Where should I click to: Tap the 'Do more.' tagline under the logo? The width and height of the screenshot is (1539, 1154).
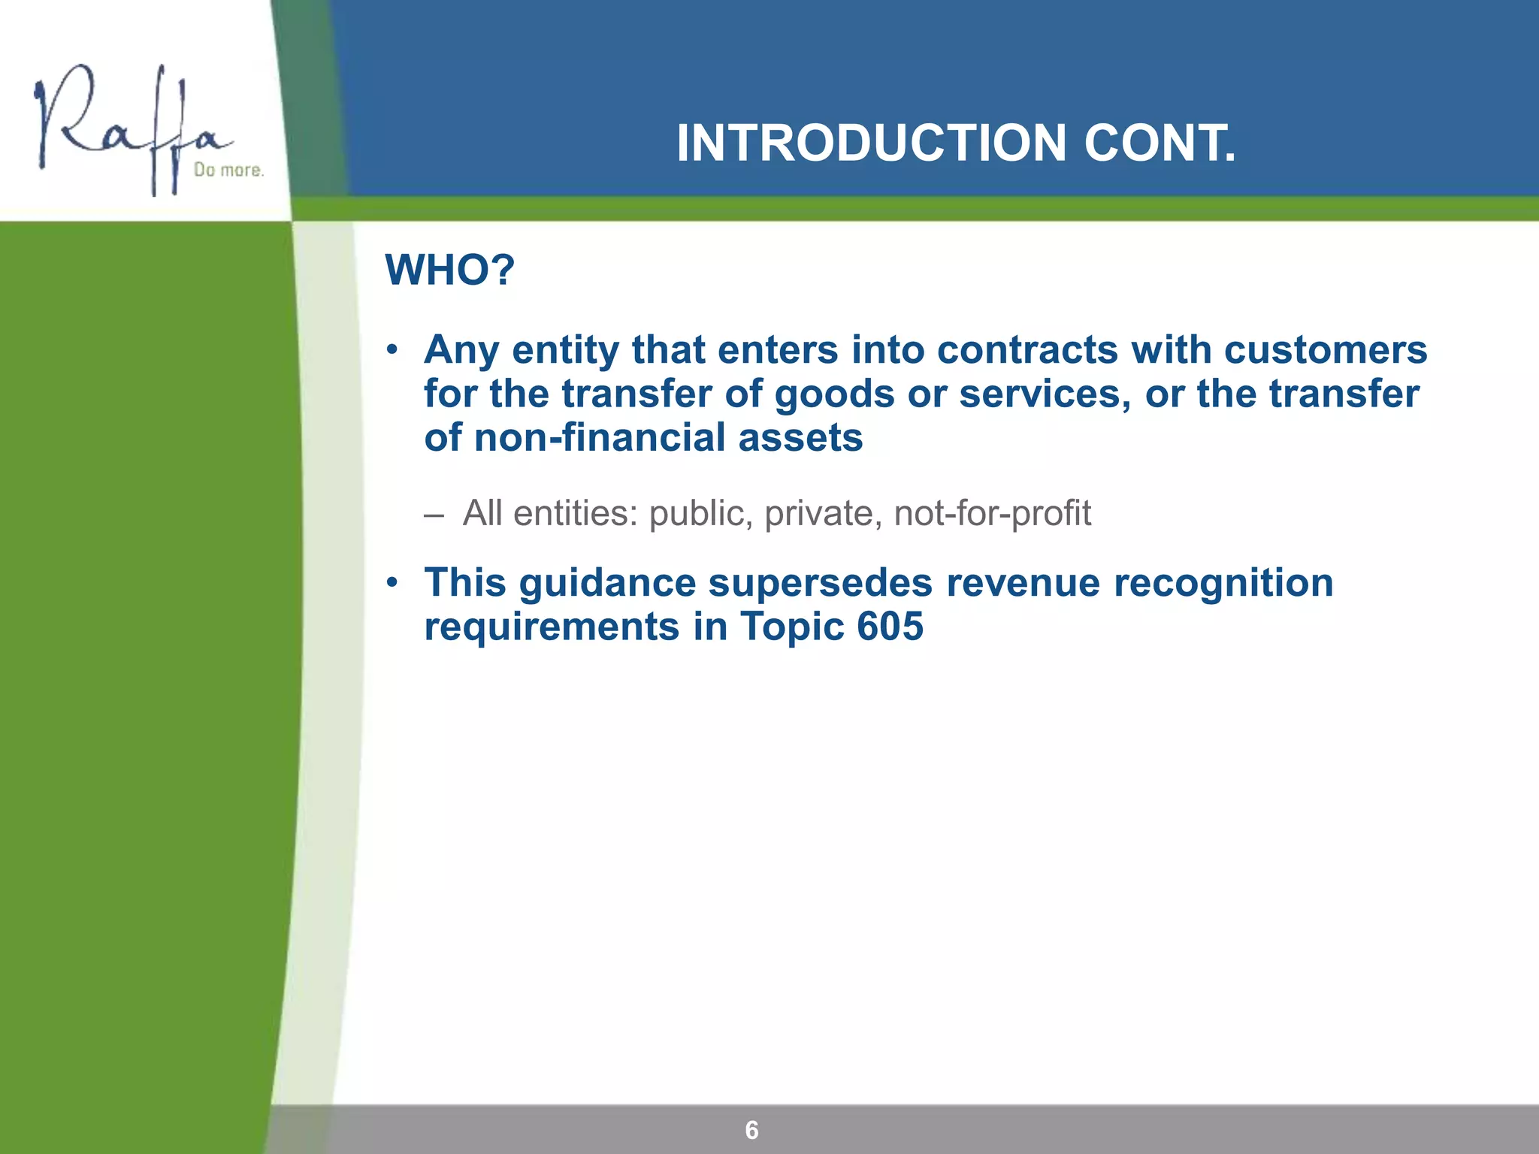point(228,171)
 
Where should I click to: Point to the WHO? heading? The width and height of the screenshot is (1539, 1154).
point(449,270)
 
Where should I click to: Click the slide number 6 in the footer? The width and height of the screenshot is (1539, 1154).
point(751,1130)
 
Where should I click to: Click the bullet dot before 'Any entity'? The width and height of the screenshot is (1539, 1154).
point(392,351)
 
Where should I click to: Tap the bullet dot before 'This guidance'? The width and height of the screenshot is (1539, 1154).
point(392,584)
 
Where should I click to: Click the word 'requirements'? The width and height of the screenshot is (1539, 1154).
point(552,626)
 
